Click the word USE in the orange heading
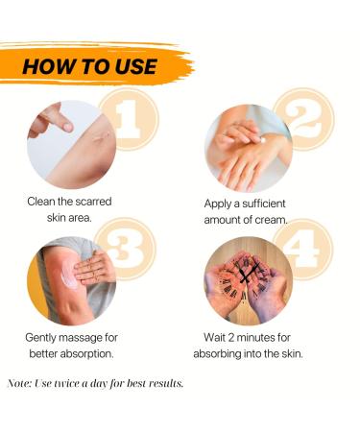pos(135,66)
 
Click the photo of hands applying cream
pos(247,148)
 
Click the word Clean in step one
pos(47,204)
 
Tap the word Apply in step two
pos(223,204)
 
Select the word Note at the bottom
pos(20,384)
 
